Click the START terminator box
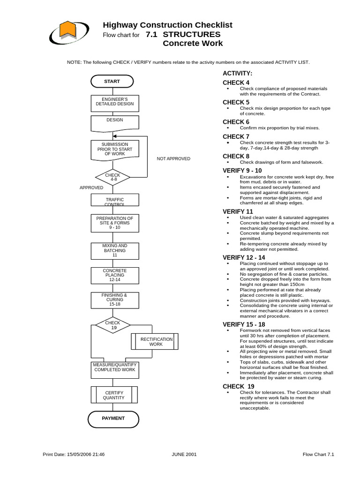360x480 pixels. [x=112, y=82]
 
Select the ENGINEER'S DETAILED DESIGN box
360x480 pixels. [x=114, y=103]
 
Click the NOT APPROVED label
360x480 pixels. [x=173, y=159]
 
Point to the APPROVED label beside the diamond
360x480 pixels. [x=91, y=187]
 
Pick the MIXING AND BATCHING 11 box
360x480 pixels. [x=114, y=250]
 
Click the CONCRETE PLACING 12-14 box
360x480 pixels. [x=114, y=276]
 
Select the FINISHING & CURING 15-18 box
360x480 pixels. [x=114, y=300]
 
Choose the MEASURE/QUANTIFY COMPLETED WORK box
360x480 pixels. [x=114, y=367]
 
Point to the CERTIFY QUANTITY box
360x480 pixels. [x=114, y=395]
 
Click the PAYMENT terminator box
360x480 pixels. [x=114, y=418]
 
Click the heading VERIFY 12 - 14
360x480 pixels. [x=243, y=257]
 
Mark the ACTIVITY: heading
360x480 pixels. [x=237, y=74]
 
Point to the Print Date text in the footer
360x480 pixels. [x=74, y=454]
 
